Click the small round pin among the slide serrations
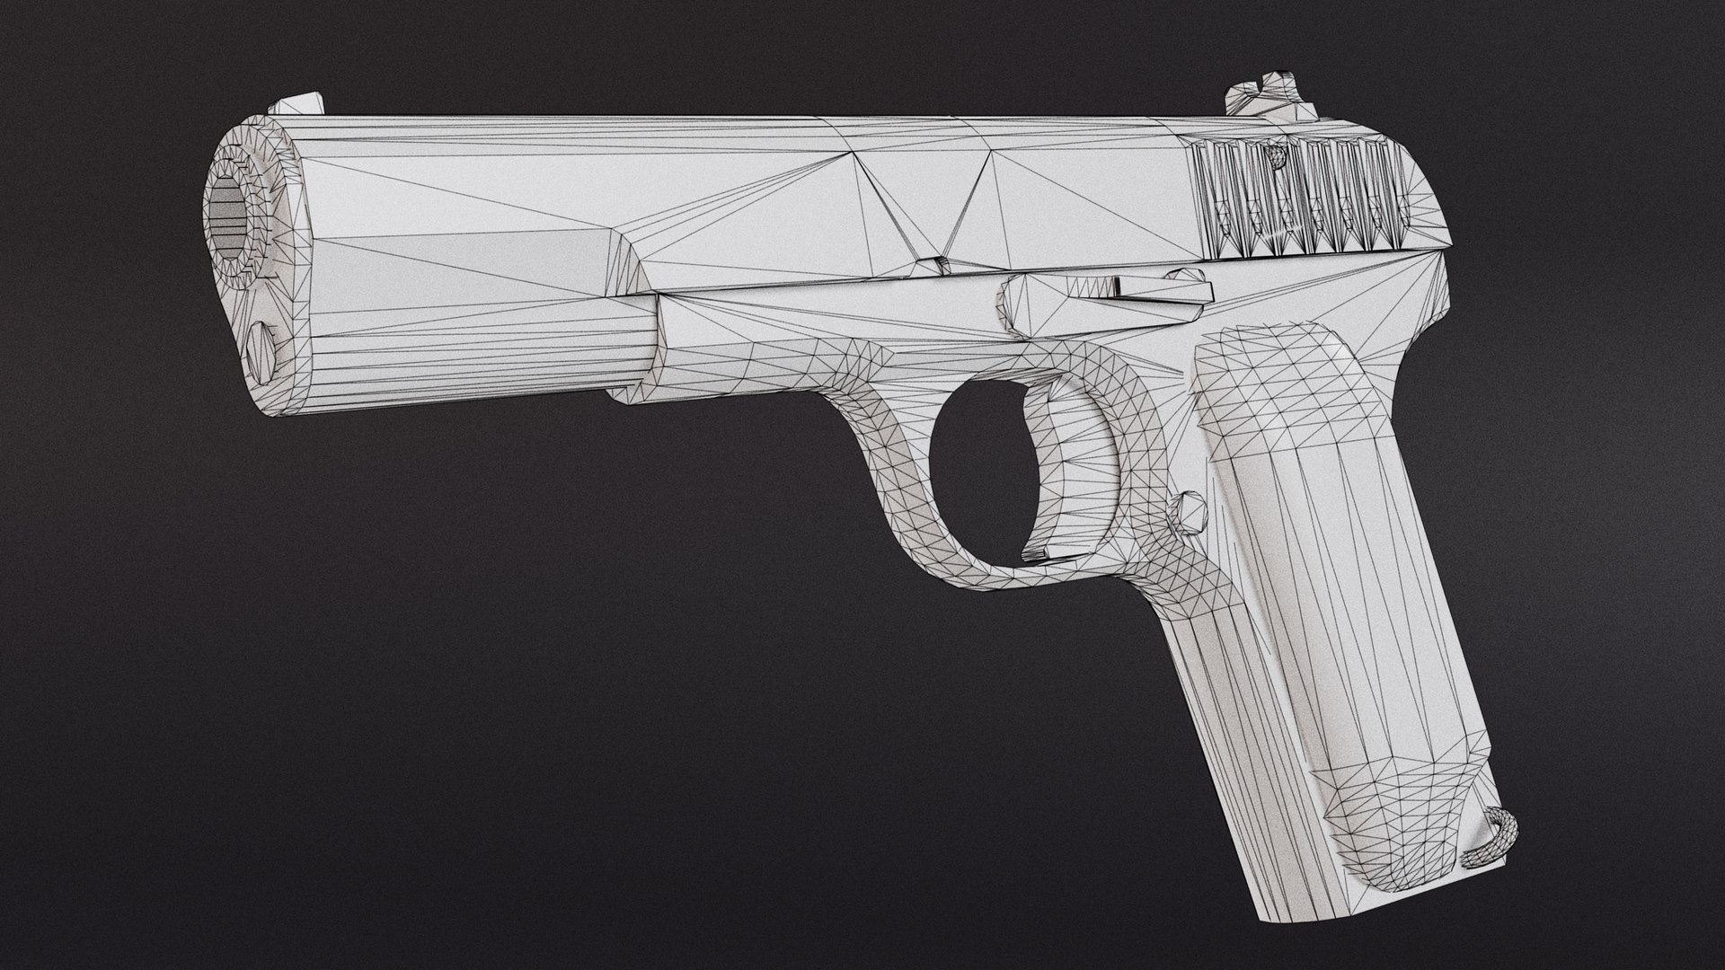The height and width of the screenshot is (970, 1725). click(x=1275, y=157)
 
